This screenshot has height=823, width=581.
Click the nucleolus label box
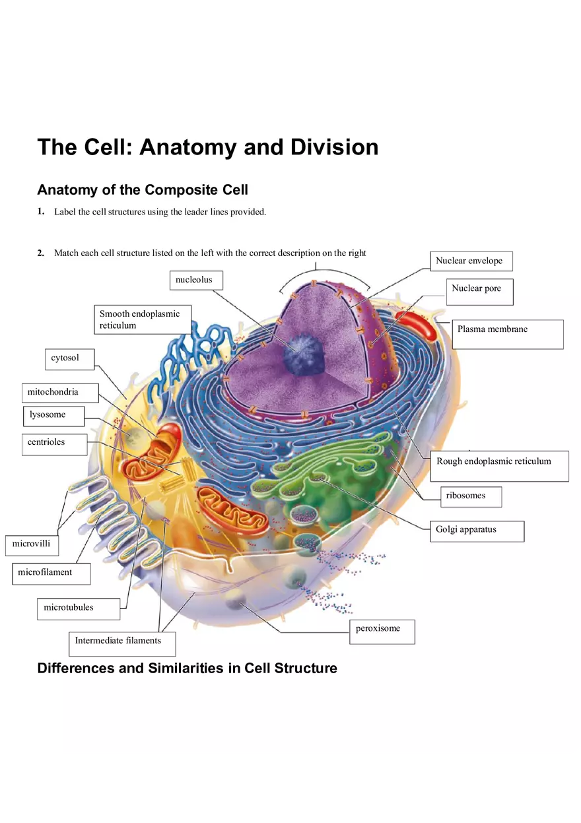point(196,280)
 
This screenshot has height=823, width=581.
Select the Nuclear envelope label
point(471,261)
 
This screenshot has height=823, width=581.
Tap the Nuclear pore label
point(479,292)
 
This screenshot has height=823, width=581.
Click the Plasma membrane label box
point(507,334)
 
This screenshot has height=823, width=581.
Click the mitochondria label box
point(60,393)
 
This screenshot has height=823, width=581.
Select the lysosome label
point(55,416)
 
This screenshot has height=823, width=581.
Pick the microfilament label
point(51,573)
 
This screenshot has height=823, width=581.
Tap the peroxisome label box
point(382,631)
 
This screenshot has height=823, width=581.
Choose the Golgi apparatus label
point(477,531)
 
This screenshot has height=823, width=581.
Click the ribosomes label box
point(471,496)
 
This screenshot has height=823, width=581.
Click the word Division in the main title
point(335,147)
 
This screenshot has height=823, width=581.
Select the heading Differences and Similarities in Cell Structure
point(187,668)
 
